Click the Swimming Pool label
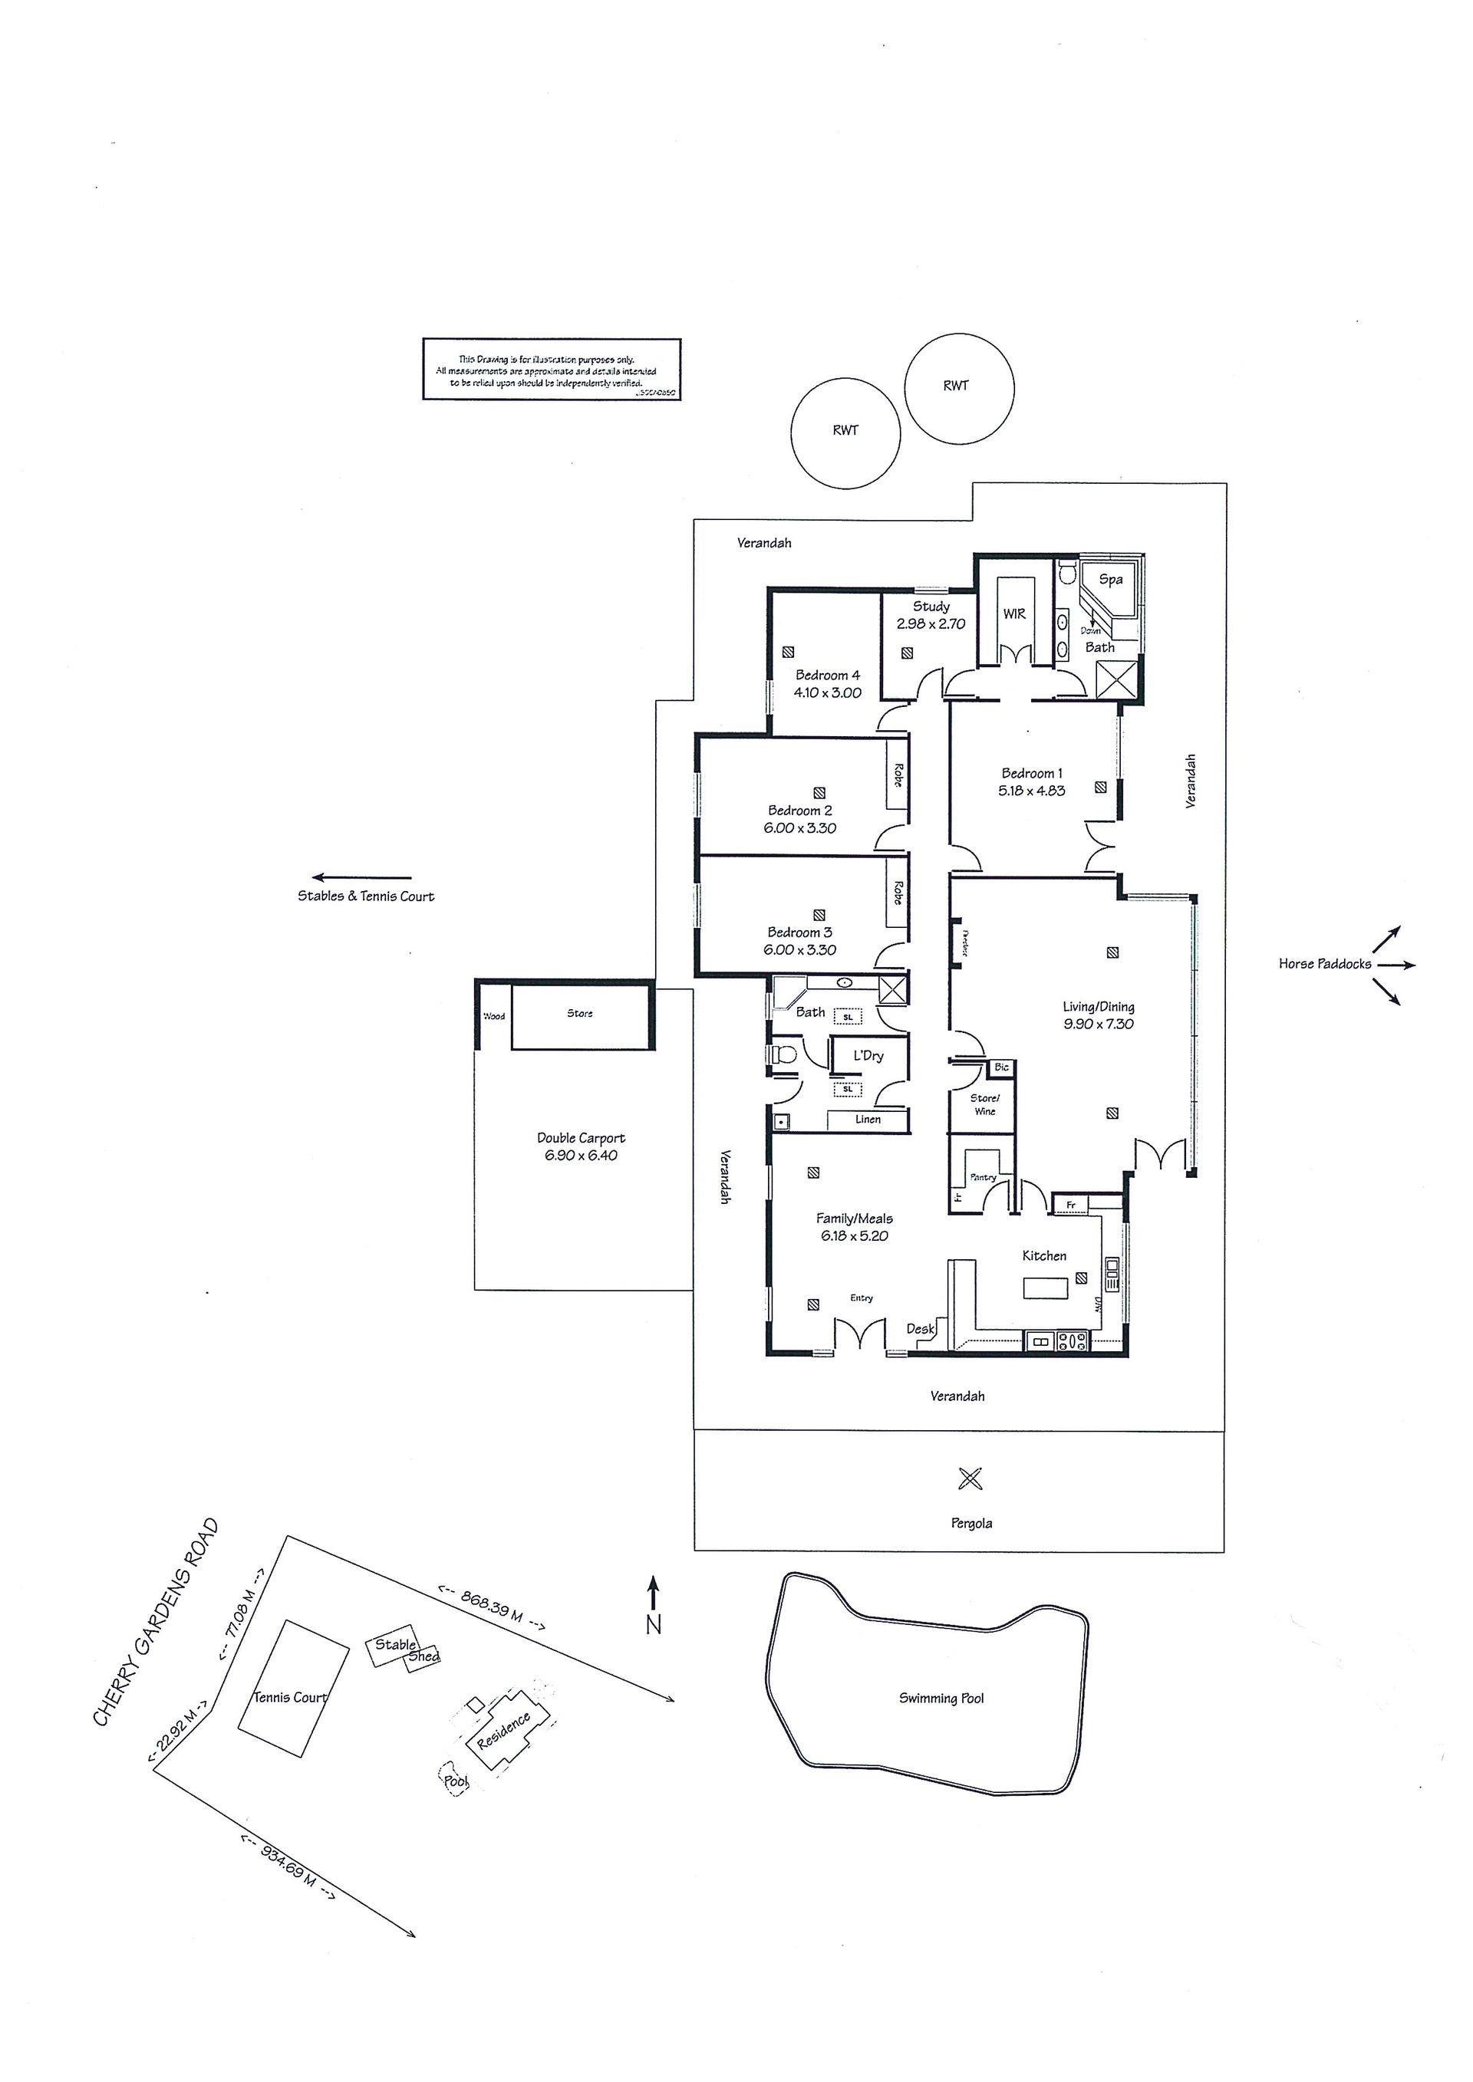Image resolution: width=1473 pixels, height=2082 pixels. [941, 1699]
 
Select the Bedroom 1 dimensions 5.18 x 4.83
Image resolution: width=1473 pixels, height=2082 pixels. [1031, 791]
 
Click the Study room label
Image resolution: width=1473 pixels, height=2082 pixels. [931, 607]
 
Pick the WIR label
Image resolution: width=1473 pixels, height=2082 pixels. [1014, 614]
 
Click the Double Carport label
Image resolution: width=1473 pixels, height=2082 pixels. [581, 1138]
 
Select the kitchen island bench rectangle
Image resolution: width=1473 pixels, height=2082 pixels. [1046, 1288]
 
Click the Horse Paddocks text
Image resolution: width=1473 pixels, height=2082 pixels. [1324, 964]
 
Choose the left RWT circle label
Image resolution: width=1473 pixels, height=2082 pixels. [845, 431]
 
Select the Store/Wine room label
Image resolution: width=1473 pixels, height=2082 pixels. [985, 1104]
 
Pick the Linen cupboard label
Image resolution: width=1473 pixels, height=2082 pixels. [867, 1120]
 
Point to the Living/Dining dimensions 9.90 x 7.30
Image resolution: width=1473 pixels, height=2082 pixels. [1099, 1025]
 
